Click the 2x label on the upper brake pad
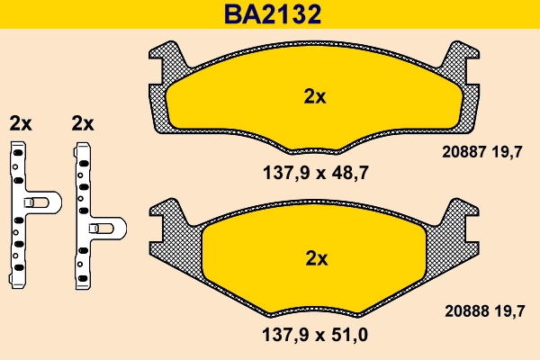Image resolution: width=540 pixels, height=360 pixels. (314, 97)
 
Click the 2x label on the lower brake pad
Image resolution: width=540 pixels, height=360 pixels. (316, 258)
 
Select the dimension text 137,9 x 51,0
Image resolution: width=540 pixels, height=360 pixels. (315, 335)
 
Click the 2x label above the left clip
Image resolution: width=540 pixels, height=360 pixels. (20, 123)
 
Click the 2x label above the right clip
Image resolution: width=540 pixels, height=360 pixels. (83, 123)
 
